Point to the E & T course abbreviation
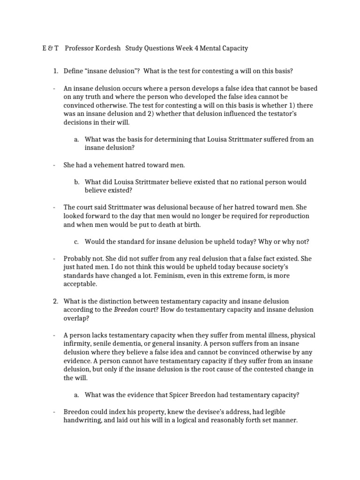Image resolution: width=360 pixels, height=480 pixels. (x=47, y=48)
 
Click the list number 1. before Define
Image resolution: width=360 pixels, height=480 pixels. (x=55, y=71)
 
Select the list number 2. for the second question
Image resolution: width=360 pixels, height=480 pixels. (x=55, y=300)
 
